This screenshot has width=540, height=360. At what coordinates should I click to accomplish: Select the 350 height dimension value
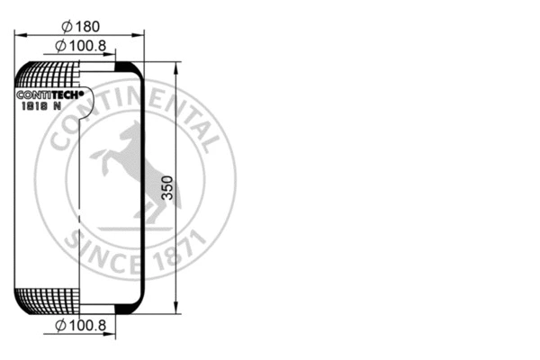(x=166, y=187)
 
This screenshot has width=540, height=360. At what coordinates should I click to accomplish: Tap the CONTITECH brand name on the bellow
(x=50, y=94)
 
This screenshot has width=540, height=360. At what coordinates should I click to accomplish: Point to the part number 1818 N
(x=41, y=105)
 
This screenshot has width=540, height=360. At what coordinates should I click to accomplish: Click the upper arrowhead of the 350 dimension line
(x=176, y=67)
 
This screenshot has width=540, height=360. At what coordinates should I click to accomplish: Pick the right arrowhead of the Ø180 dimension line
(x=140, y=34)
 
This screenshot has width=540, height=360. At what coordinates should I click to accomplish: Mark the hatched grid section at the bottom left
(x=49, y=301)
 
